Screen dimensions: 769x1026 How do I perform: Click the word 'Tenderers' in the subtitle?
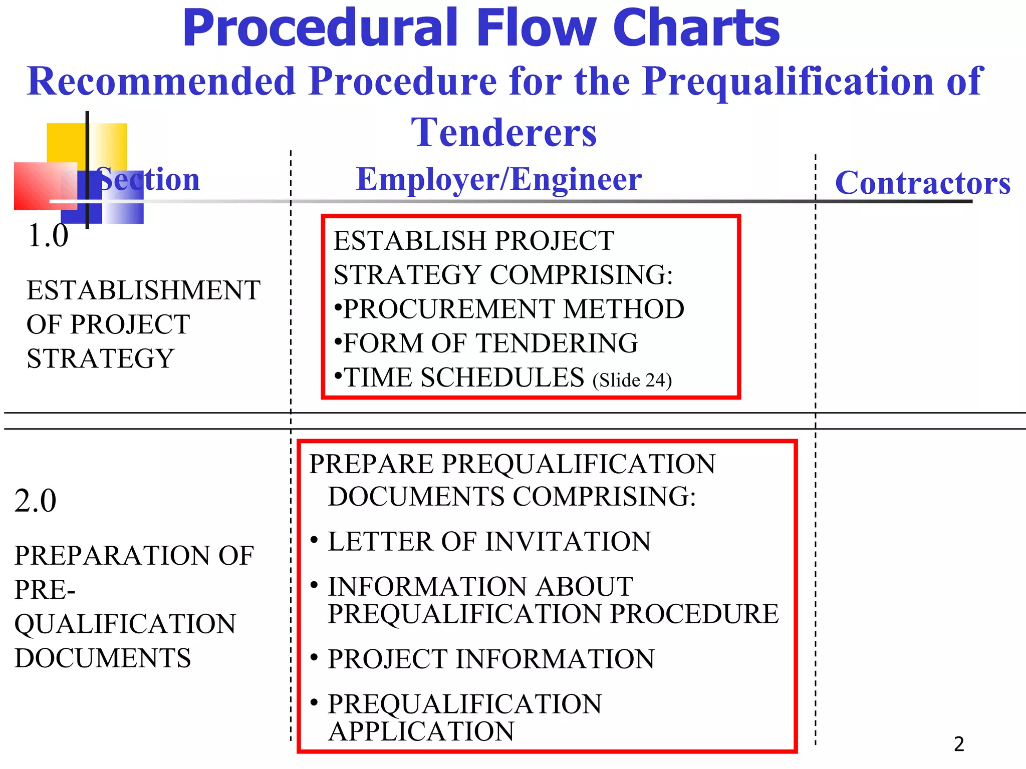pos(503,132)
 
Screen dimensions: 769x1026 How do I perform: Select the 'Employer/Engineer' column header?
pos(498,179)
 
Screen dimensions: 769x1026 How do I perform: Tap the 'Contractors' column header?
pos(922,183)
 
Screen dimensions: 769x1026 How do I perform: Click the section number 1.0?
pos(48,235)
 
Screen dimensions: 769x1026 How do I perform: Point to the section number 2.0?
pos(35,501)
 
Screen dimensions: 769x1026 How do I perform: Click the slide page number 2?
pos(959,744)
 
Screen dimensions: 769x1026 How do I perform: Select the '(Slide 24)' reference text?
pos(632,380)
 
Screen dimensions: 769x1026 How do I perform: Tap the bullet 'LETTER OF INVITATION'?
pos(489,542)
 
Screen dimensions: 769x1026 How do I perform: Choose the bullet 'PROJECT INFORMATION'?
pos(491,659)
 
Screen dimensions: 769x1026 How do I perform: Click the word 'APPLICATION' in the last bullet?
pos(421,731)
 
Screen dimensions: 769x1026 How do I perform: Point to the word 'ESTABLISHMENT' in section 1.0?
pos(143,290)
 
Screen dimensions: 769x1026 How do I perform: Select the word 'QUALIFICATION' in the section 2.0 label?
pos(125,624)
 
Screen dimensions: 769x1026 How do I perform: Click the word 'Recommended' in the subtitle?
pos(161,81)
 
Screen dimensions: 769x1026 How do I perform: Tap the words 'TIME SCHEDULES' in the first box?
pos(464,377)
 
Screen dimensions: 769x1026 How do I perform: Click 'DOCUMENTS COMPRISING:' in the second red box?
pos(511,497)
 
